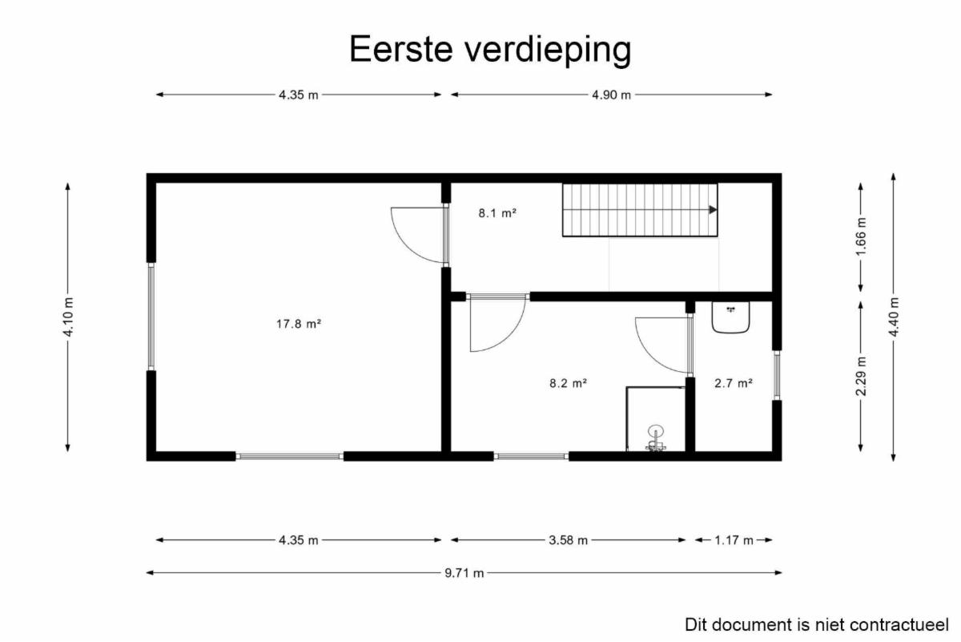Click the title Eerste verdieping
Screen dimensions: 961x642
[490, 50]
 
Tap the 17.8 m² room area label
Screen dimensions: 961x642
[299, 324]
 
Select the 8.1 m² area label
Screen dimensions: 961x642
[497, 213]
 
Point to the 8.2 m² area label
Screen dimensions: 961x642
[568, 383]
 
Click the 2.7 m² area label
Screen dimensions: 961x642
[734, 383]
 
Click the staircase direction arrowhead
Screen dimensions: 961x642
[713, 209]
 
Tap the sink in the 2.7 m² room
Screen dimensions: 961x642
[730, 317]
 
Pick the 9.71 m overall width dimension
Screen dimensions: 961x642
[464, 573]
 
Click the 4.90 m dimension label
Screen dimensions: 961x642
[611, 95]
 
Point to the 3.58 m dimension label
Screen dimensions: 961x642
[568, 540]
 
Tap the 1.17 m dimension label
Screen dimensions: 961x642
[734, 540]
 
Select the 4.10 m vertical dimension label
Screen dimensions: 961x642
[68, 317]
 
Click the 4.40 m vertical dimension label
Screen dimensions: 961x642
[894, 317]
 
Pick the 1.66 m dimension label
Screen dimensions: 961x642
[861, 236]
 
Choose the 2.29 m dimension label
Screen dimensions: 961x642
[861, 376]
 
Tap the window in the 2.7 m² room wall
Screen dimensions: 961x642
[777, 375]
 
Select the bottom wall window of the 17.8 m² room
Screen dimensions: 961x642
[290, 456]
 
